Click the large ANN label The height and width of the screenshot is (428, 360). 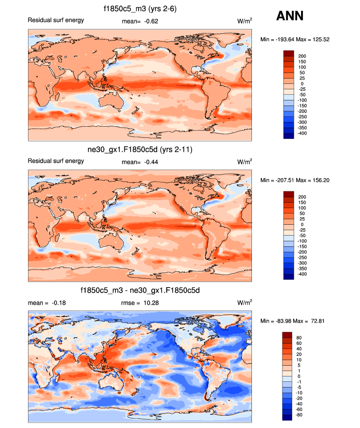click(290, 16)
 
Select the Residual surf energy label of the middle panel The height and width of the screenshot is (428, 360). click(55, 161)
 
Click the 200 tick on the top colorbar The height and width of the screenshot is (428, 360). click(302, 56)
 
